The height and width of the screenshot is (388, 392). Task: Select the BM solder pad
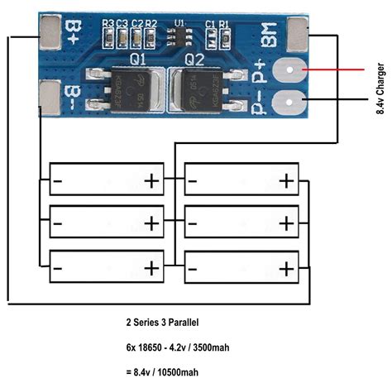click(x=299, y=33)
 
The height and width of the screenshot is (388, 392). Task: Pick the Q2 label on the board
click(x=194, y=60)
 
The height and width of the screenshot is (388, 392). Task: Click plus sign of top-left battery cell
click(x=151, y=179)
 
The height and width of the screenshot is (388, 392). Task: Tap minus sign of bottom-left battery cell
click(x=58, y=269)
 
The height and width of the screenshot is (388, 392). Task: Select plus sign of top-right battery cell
click(x=286, y=179)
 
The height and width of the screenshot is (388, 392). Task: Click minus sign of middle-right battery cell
click(x=192, y=223)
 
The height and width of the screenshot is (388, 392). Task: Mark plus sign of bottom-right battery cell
click(x=286, y=269)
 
